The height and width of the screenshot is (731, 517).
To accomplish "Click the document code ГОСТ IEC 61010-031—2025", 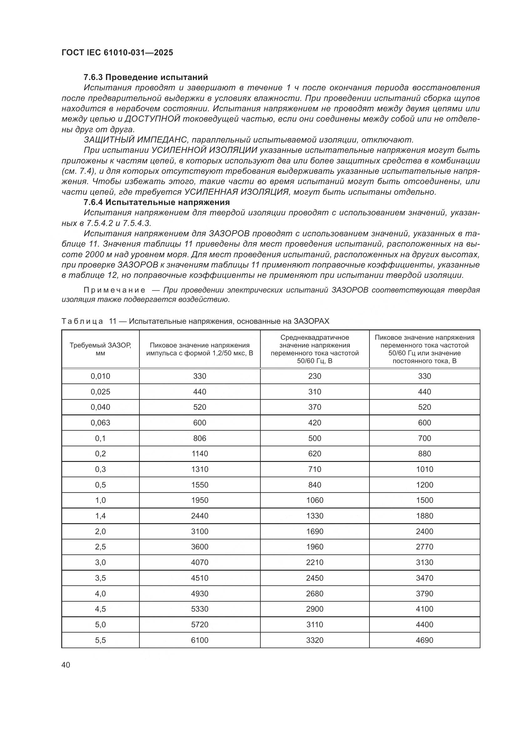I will point(117,53).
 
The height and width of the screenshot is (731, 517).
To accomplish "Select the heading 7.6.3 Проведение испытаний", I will point(146,77).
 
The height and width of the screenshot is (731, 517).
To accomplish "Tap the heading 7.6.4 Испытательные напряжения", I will point(157,202).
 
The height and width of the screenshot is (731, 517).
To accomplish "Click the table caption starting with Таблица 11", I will point(195,321).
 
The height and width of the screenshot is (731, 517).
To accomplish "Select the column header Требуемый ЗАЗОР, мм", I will point(100,349).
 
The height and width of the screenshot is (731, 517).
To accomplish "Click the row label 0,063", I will point(100,423).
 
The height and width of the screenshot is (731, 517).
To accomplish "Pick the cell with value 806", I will point(200,438).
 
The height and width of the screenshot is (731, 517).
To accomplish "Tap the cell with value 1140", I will point(200,454).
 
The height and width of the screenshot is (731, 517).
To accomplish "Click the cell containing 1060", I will point(314,500).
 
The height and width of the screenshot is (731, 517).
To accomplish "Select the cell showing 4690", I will point(424,640).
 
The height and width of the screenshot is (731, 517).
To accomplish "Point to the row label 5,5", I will point(100,640).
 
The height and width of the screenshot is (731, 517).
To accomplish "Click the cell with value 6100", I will point(200,640).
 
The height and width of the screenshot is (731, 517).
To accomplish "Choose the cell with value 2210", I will point(314,562).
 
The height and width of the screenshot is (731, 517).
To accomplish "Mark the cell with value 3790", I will point(424,593).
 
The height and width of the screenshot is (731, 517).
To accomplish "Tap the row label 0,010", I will point(100,376).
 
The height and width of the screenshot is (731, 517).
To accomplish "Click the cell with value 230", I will point(314,376).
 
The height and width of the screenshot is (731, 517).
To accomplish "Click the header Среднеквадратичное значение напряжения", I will point(314,341).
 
